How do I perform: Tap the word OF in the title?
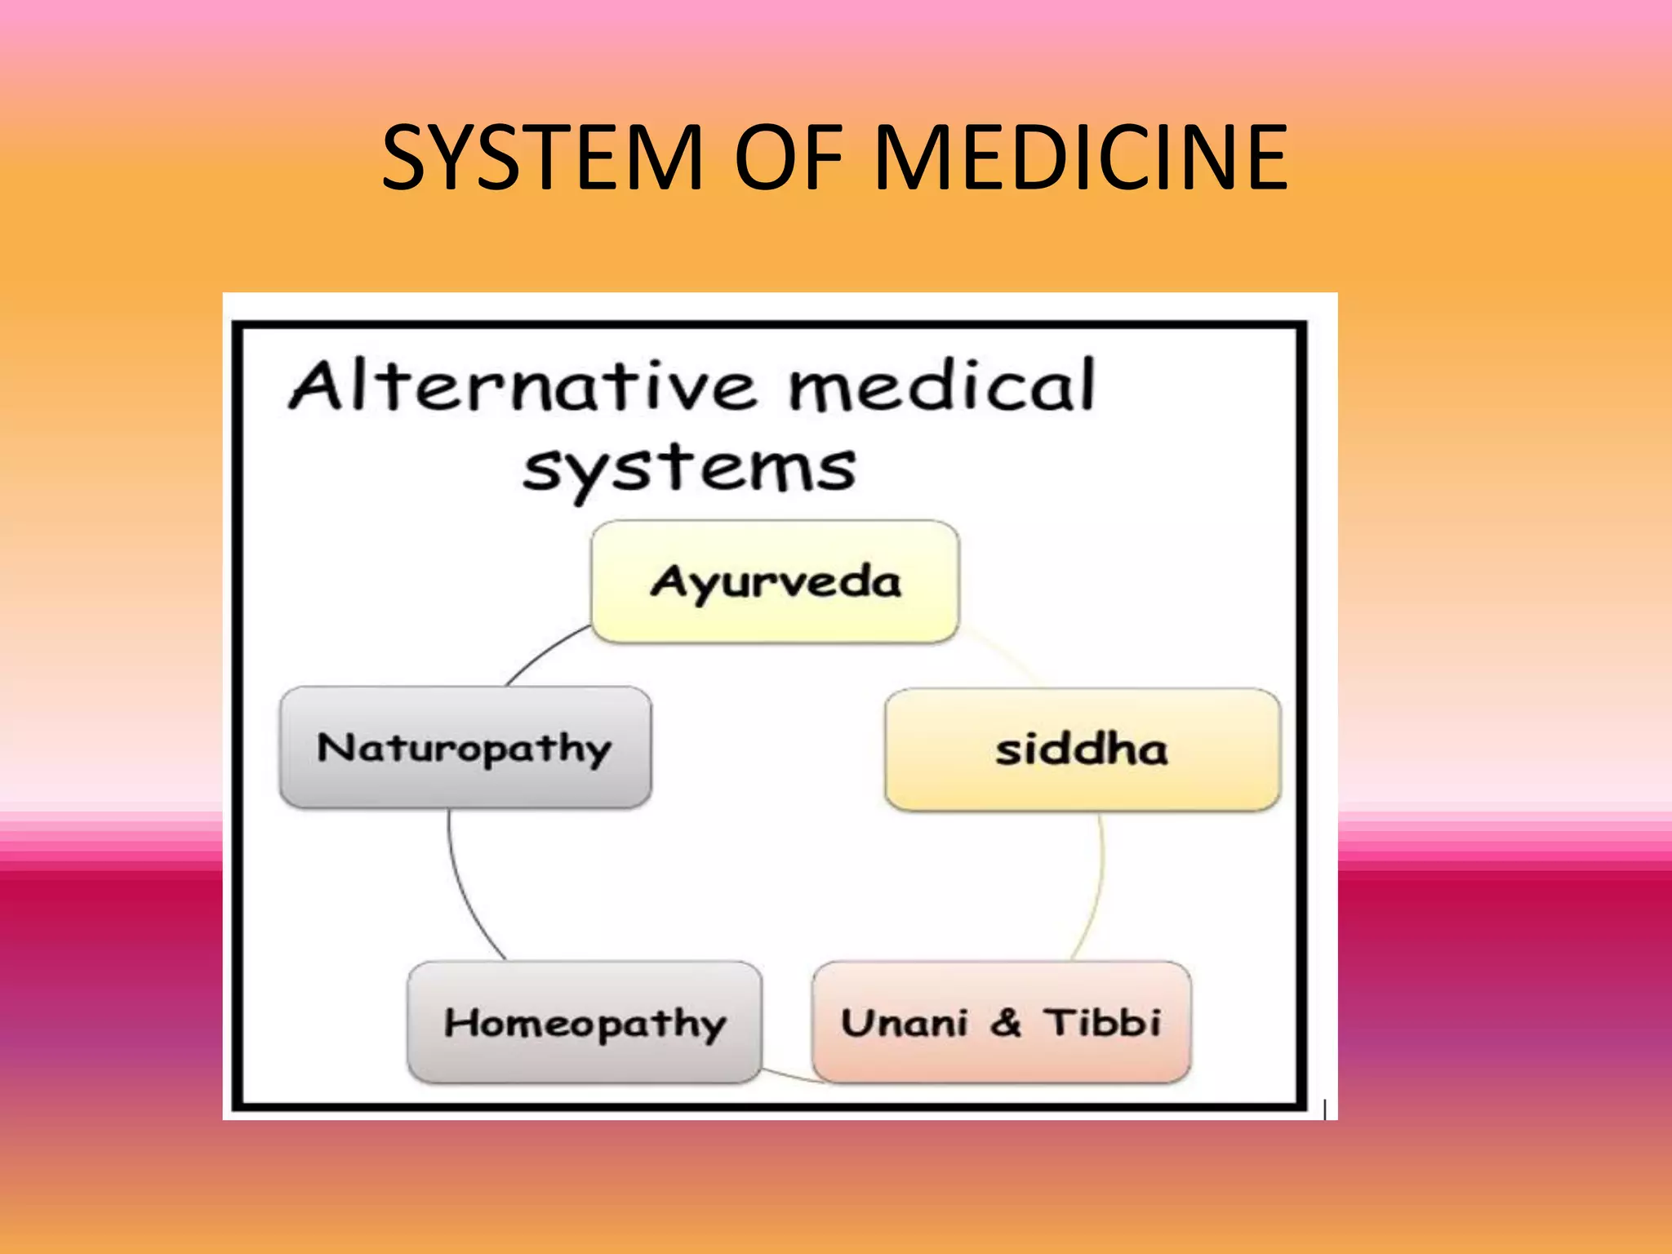pos(788,157)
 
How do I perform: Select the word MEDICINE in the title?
pos(1081,157)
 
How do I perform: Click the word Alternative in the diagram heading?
pos(522,385)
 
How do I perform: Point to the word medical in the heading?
pos(940,385)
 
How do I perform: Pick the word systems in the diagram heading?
pos(690,469)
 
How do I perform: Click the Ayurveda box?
pos(775,582)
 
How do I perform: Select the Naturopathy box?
pos(465,748)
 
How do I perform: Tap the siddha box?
pos(1082,749)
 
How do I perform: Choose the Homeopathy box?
pos(585,1023)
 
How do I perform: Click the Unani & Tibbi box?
pos(1001,1023)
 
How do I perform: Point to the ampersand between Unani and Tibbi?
pos(1006,1022)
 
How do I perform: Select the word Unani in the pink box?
pos(905,1023)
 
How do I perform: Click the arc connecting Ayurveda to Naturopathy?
pos(542,652)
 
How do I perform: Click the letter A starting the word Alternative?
pos(314,385)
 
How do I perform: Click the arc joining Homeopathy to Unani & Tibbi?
pos(787,1075)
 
